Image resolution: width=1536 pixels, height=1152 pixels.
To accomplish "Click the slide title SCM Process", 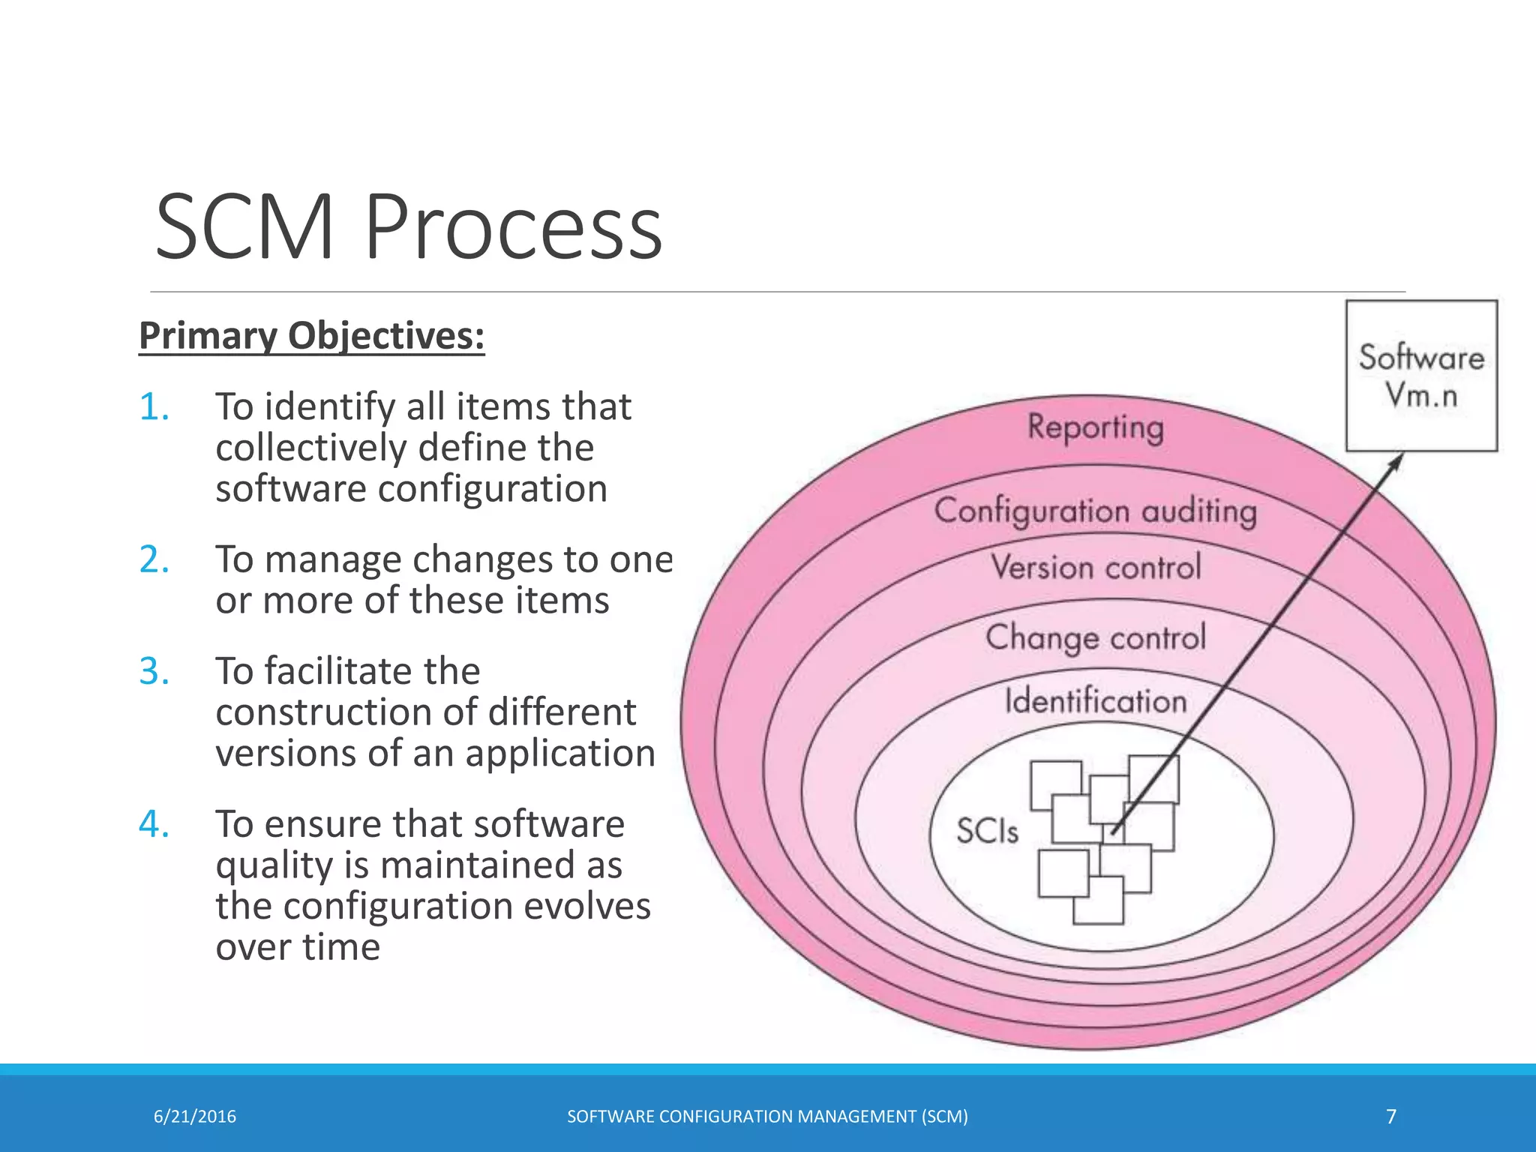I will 409,226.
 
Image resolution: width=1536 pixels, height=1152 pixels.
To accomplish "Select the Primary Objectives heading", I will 312,335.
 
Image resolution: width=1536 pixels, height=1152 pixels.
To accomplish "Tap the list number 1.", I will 154,407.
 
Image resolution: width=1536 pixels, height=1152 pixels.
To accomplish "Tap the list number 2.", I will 154,560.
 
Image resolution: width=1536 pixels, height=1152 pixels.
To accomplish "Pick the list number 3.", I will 154,671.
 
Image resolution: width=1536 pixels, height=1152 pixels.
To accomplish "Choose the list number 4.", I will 154,824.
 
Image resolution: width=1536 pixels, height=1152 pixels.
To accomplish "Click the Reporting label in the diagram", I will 1095,427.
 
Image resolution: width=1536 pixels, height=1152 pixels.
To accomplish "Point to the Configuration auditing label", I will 1095,511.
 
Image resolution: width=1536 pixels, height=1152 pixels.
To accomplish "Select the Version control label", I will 1096,567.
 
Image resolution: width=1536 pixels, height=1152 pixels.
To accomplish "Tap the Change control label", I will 1096,637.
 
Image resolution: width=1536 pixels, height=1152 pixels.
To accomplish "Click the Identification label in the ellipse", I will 1096,701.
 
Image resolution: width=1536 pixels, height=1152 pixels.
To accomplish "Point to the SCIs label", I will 987,831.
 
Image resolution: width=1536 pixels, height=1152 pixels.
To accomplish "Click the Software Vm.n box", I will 1421,376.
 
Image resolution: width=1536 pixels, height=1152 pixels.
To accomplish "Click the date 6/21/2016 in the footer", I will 195,1117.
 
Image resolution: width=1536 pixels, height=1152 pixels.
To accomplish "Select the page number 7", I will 1391,1117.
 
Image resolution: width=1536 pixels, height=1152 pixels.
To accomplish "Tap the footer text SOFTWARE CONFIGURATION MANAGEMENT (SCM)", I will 767,1117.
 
